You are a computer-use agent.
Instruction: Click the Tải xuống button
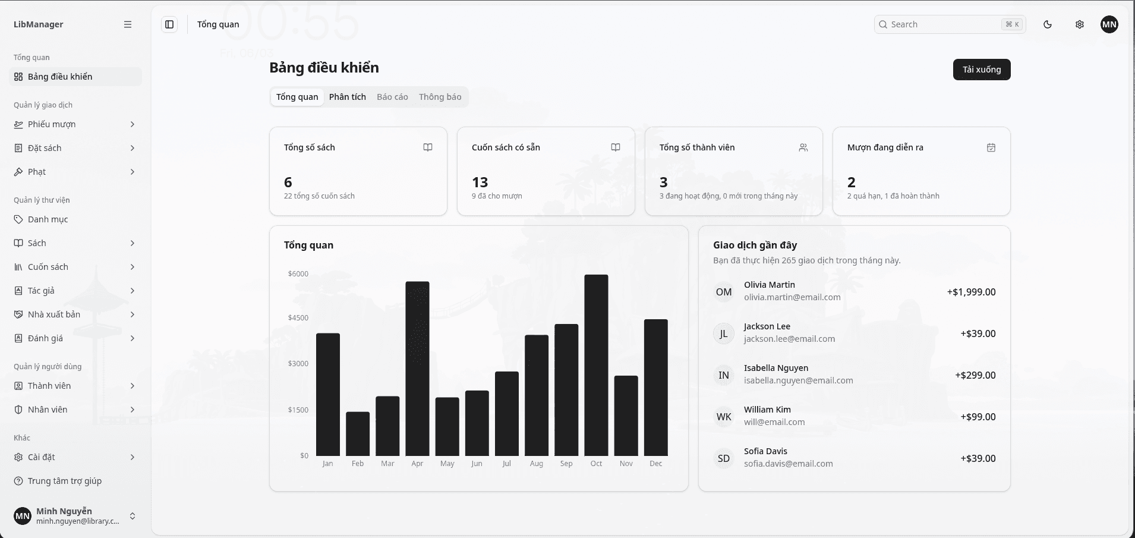click(x=982, y=70)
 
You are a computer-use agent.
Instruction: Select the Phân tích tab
click(x=348, y=97)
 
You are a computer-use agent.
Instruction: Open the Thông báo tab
click(x=440, y=97)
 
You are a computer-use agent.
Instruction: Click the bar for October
click(x=596, y=365)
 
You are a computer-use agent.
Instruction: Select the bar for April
click(x=417, y=369)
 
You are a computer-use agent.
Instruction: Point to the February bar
click(x=358, y=434)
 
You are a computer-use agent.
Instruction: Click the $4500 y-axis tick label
click(x=298, y=317)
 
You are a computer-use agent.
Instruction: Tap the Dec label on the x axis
click(x=656, y=464)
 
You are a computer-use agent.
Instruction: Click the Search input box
click(x=950, y=24)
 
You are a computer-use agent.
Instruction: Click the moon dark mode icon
click(x=1048, y=24)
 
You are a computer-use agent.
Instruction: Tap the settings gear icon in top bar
click(x=1080, y=24)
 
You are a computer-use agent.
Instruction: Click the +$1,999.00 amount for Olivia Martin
click(x=972, y=292)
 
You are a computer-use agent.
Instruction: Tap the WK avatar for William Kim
click(x=724, y=417)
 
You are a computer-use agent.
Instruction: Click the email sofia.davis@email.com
click(x=789, y=464)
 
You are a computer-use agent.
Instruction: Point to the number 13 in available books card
click(x=480, y=182)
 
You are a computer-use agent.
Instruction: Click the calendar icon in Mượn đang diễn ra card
click(x=991, y=147)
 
